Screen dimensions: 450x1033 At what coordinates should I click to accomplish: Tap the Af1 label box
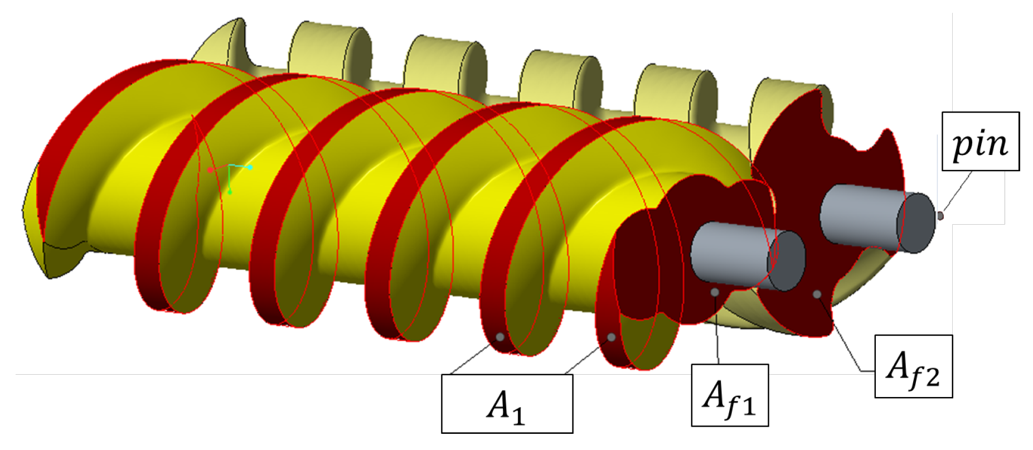click(730, 395)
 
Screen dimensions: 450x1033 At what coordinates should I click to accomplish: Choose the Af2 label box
click(913, 366)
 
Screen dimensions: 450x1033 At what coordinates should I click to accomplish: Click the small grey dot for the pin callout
click(940, 215)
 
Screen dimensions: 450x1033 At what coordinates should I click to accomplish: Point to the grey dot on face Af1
click(715, 292)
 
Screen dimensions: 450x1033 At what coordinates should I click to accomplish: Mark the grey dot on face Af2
click(817, 294)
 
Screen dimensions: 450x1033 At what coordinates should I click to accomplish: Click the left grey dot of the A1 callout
click(500, 337)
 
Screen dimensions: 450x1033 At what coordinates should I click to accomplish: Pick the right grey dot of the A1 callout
click(612, 337)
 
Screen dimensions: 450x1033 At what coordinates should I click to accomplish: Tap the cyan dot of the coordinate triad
click(250, 167)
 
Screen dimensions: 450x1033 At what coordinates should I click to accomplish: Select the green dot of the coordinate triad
click(230, 192)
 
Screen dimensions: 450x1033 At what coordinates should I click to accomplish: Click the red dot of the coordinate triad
click(210, 170)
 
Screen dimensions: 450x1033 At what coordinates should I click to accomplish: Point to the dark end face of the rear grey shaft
click(915, 222)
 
